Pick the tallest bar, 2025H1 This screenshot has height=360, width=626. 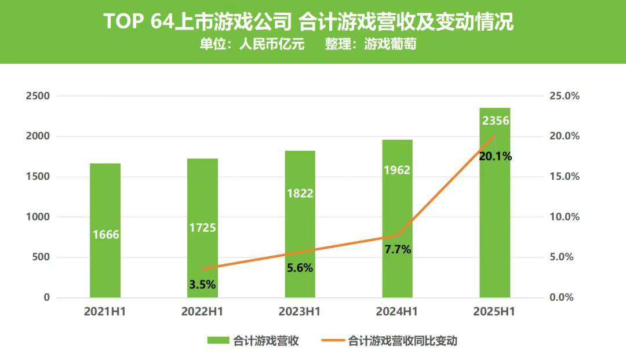494,202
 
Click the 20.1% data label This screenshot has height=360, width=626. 495,156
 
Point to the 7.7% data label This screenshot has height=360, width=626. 398,249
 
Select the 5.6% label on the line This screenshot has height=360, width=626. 300,268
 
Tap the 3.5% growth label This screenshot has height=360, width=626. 202,284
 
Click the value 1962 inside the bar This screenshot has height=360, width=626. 397,170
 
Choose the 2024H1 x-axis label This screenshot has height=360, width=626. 397,312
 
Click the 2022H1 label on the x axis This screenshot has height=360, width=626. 202,312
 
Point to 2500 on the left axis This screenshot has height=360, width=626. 38,96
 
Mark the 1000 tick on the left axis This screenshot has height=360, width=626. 38,217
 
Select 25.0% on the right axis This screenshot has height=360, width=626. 564,96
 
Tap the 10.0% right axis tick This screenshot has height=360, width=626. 564,217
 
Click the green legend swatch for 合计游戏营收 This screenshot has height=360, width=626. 219,341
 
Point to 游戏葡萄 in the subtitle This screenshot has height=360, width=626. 390,44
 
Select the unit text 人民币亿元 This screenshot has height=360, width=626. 272,44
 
